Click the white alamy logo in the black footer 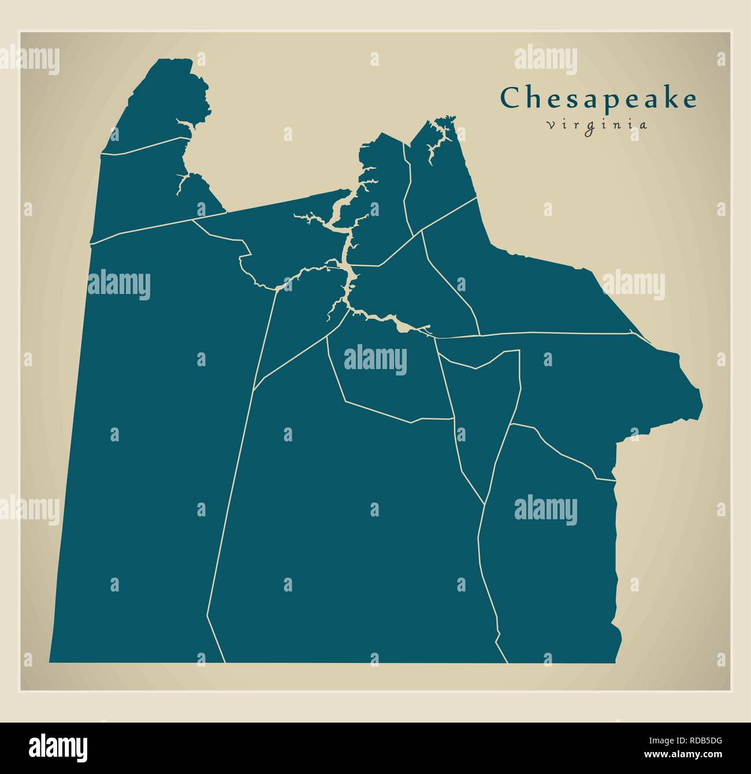point(58,747)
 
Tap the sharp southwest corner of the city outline point(50,661)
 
